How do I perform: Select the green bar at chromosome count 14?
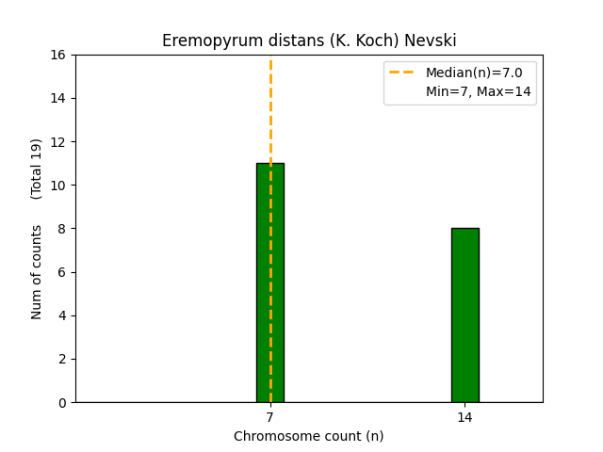pyautogui.click(x=464, y=315)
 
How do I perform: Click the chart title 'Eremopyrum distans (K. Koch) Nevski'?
pyautogui.click(x=309, y=40)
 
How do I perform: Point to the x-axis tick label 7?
pyautogui.click(x=270, y=416)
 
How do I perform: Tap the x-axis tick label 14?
pyautogui.click(x=464, y=416)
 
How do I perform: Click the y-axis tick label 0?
pyautogui.click(x=62, y=402)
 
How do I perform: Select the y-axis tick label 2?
pyautogui.click(x=62, y=359)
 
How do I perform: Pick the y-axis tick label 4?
pyautogui.click(x=62, y=315)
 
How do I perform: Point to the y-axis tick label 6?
pyautogui.click(x=62, y=272)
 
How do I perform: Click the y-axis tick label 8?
pyautogui.click(x=62, y=229)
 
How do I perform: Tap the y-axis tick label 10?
pyautogui.click(x=58, y=186)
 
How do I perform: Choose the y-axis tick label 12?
pyautogui.click(x=58, y=142)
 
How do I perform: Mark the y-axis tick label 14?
pyautogui.click(x=58, y=98)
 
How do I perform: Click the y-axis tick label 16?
pyautogui.click(x=58, y=55)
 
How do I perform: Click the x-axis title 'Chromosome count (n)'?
pyautogui.click(x=309, y=436)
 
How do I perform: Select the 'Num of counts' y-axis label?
pyautogui.click(x=37, y=271)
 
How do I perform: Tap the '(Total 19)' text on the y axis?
pyautogui.click(x=37, y=169)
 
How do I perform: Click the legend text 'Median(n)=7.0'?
pyautogui.click(x=474, y=73)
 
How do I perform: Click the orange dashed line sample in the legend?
pyautogui.click(x=403, y=73)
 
